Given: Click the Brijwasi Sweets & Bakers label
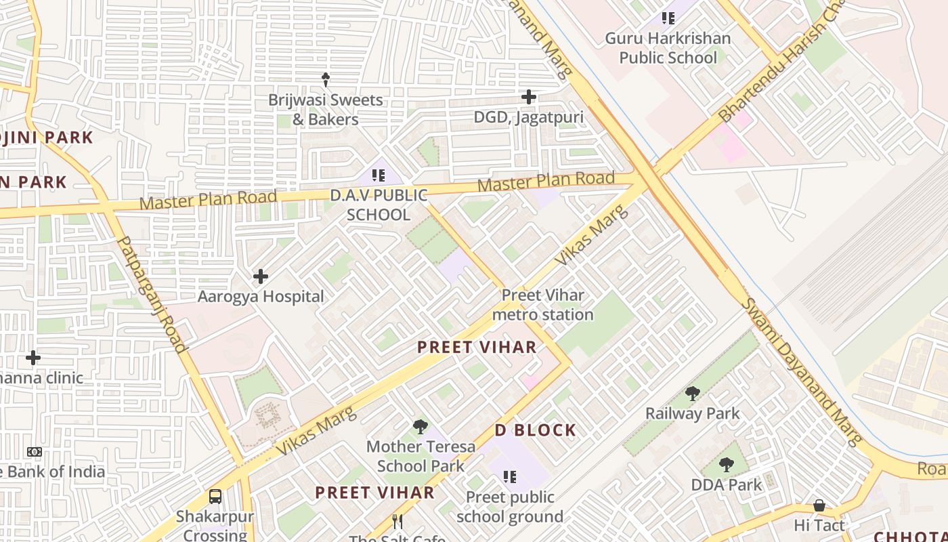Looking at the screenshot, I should [325, 110].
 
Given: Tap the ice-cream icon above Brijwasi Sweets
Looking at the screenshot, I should [326, 80].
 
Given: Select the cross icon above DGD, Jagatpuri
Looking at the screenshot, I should [529, 97].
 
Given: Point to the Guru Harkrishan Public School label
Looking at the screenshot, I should [668, 48].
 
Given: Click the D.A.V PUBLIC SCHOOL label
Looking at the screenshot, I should [379, 205].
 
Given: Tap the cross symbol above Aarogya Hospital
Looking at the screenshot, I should [261, 276].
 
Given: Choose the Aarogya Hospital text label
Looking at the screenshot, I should [261, 297].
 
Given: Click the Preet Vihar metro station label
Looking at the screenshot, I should [542, 305].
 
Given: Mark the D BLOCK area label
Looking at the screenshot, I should [536, 430].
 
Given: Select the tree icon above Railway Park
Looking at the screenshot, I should [692, 394].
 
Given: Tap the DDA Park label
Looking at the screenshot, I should [727, 485].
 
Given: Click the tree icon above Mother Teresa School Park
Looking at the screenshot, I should [421, 427].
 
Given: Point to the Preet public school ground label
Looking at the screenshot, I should [509, 507].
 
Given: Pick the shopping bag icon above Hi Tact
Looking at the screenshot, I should [819, 506].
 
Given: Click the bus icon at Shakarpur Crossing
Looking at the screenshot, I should [215, 497].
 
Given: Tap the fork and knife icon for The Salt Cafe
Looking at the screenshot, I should [397, 522].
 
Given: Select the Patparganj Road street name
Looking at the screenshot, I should [152, 294].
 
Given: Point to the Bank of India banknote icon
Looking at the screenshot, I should [34, 452].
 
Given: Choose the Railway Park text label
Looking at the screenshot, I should [692, 413].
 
